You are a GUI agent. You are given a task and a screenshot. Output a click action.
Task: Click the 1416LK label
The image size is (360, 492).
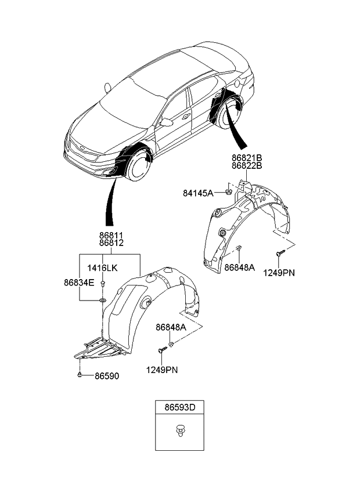(102, 267)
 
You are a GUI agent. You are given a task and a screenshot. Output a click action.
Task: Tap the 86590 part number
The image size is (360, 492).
(107, 376)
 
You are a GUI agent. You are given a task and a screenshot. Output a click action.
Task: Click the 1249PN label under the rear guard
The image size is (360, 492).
(279, 272)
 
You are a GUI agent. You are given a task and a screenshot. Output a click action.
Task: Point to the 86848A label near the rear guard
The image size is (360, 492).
(240, 267)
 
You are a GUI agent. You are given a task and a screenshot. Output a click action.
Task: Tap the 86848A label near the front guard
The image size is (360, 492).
(170, 328)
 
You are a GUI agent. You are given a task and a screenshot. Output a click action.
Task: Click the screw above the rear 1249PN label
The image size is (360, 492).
(279, 252)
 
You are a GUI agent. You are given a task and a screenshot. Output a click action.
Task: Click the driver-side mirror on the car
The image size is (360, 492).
(167, 122)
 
